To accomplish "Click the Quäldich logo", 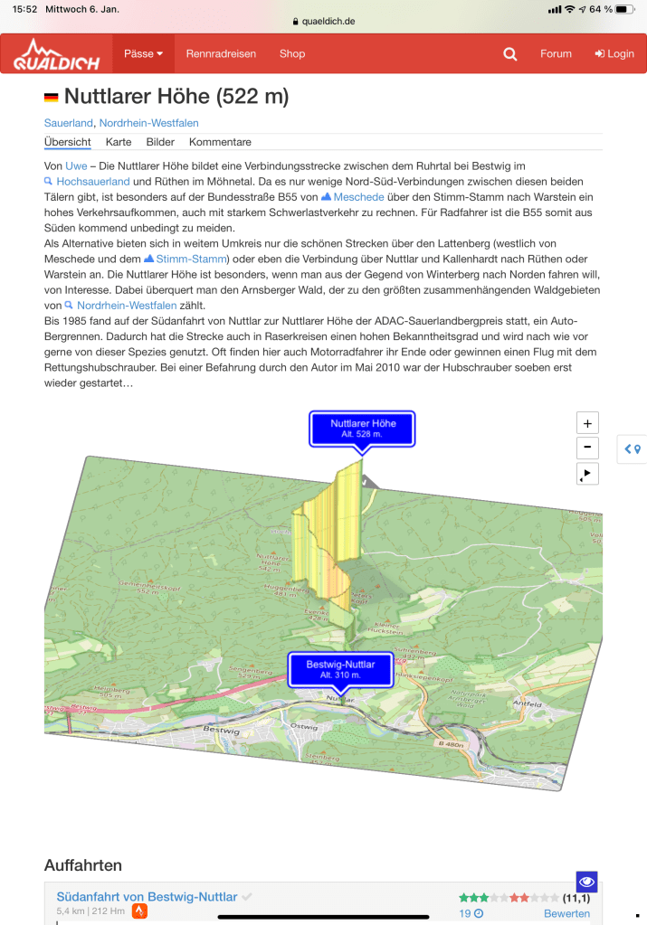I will (x=56, y=54).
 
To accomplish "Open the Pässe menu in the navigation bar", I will (x=143, y=54).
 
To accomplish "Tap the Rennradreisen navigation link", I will (x=221, y=54).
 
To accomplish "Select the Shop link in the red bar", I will (x=292, y=54).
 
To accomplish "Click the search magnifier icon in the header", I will (x=510, y=54).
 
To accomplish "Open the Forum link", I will (x=556, y=54).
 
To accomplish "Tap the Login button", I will (x=614, y=54).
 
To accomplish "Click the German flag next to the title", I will (x=52, y=98).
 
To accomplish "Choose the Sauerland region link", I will (x=68, y=123).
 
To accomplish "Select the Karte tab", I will (x=119, y=142).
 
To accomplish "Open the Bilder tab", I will (x=160, y=142).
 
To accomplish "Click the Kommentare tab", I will (x=220, y=142).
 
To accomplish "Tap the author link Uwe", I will (x=77, y=166).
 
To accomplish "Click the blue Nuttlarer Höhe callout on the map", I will (x=363, y=428).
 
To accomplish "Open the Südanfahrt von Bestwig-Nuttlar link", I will (x=147, y=897).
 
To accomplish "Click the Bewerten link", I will (x=566, y=914).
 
